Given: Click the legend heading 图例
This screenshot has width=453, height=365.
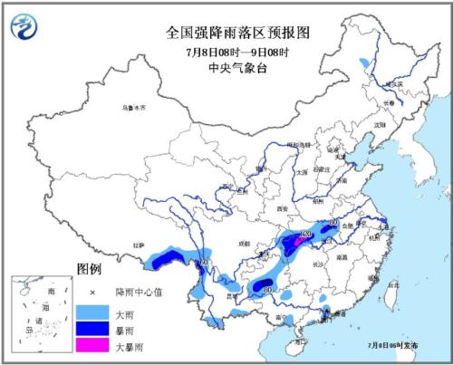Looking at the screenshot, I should tap(88, 270).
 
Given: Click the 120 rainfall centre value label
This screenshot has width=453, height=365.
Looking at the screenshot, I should tap(305, 235).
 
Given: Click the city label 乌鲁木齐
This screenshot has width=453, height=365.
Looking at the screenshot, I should tap(134, 109).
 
